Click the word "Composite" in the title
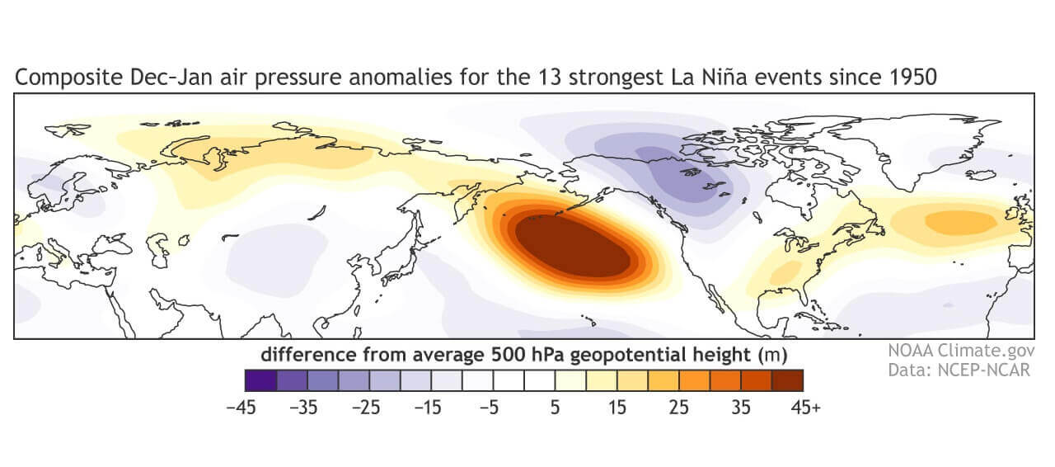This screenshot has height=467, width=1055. click(x=59, y=78)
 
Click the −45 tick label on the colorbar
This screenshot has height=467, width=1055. click(x=244, y=407)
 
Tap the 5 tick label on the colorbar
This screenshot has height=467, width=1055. click(x=555, y=407)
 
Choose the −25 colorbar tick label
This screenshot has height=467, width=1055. click(x=368, y=407)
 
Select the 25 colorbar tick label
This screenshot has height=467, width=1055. click(x=678, y=407)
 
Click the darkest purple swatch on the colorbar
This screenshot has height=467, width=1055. click(x=260, y=380)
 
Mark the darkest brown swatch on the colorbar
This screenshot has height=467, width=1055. click(x=787, y=380)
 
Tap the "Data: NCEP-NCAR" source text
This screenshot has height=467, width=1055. click(x=959, y=370)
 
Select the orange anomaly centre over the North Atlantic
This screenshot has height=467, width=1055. click(x=960, y=222)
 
